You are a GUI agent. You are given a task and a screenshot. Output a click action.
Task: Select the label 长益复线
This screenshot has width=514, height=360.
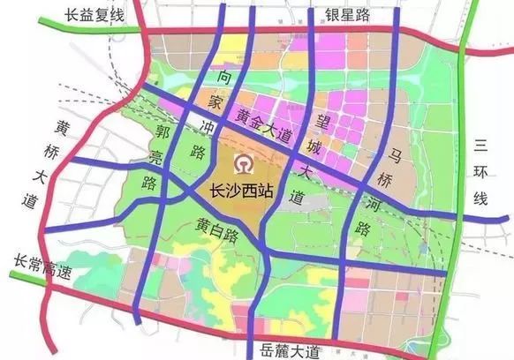coord(94,17)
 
